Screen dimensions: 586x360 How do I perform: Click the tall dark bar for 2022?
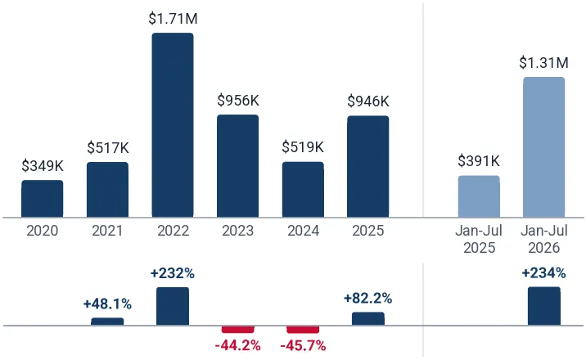tap(173, 125)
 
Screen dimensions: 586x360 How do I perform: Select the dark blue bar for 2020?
tap(43, 199)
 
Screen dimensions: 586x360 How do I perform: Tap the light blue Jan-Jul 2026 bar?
tap(543, 147)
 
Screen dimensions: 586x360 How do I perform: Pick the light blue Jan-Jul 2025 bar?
tap(479, 196)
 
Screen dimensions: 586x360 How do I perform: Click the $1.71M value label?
tap(173, 18)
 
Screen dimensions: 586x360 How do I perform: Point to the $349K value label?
tap(43, 166)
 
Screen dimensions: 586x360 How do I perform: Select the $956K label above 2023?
tap(238, 101)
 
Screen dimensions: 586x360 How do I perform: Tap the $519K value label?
tap(303, 147)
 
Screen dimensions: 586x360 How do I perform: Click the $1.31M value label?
tap(543, 63)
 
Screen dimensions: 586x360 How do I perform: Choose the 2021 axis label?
tap(107, 231)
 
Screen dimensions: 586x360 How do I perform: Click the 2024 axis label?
tap(303, 231)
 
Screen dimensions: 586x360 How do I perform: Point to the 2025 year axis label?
tap(368, 231)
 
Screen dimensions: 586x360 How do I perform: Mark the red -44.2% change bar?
tap(238, 330)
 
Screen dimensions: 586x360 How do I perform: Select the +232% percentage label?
tap(173, 274)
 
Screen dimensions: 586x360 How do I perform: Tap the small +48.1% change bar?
tap(107, 322)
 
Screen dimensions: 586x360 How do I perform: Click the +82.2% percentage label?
tap(367, 299)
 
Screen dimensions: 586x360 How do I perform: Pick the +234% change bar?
tap(544, 306)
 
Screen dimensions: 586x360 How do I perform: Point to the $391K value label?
tap(479, 161)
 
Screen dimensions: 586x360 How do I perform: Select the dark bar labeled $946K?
tap(368, 167)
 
